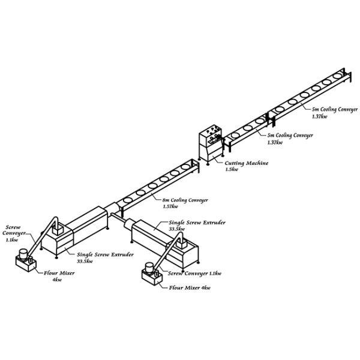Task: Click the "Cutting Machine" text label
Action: pos(246,163)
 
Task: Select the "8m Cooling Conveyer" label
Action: pos(185,199)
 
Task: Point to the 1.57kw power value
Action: pos(170,206)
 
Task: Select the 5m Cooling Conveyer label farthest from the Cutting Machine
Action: pos(334,110)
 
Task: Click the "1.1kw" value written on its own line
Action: pos(12,240)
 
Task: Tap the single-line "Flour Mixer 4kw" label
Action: pos(190,288)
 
